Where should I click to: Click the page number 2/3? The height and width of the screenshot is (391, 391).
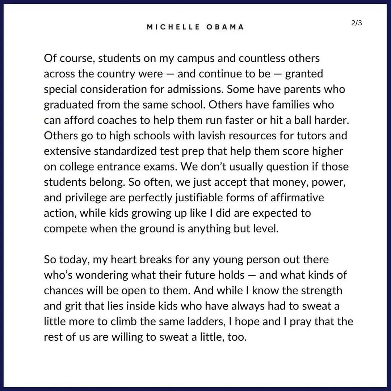pyautogui.click(x=356, y=23)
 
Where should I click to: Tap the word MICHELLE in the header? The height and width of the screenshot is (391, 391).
pyautogui.click(x=173, y=27)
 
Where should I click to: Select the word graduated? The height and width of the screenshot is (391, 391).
pyautogui.click(x=68, y=105)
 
